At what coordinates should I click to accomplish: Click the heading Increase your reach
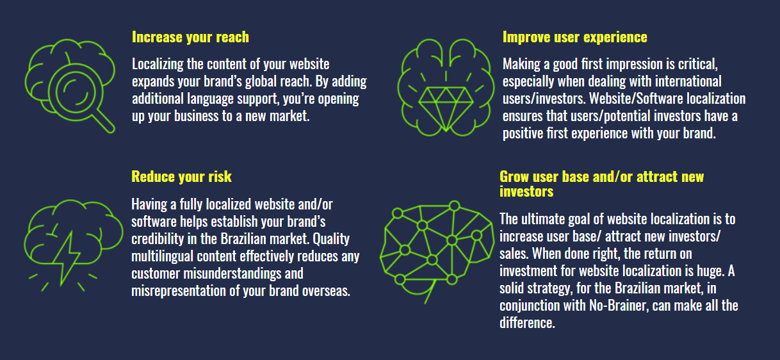click(x=190, y=37)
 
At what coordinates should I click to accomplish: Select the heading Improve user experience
click(x=575, y=37)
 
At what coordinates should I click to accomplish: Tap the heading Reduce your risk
click(x=181, y=177)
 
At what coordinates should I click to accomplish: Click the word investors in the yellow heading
click(x=526, y=192)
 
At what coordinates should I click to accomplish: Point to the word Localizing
click(x=158, y=65)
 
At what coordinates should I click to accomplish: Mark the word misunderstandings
click(x=232, y=274)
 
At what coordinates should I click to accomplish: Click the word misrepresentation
click(x=179, y=291)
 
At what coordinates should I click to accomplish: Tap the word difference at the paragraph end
click(x=527, y=323)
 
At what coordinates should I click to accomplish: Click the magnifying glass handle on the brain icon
click(x=105, y=121)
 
